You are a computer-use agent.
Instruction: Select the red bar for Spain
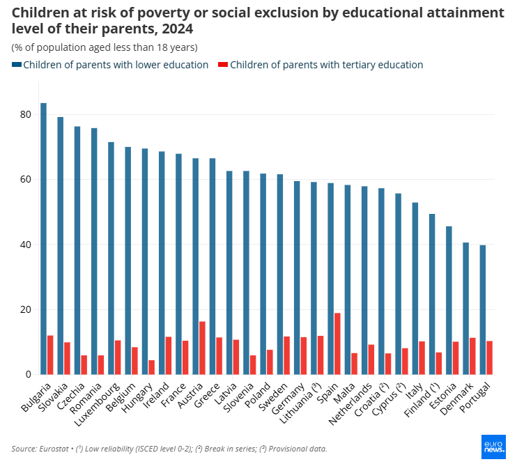(x=337, y=343)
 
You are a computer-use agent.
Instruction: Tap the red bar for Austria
(x=202, y=348)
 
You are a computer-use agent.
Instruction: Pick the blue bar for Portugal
(x=482, y=309)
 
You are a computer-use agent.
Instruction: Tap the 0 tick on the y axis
(x=28, y=375)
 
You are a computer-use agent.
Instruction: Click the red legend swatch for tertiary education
(x=223, y=65)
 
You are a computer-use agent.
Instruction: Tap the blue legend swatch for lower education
(x=17, y=65)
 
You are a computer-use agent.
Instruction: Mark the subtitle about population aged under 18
(x=105, y=47)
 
